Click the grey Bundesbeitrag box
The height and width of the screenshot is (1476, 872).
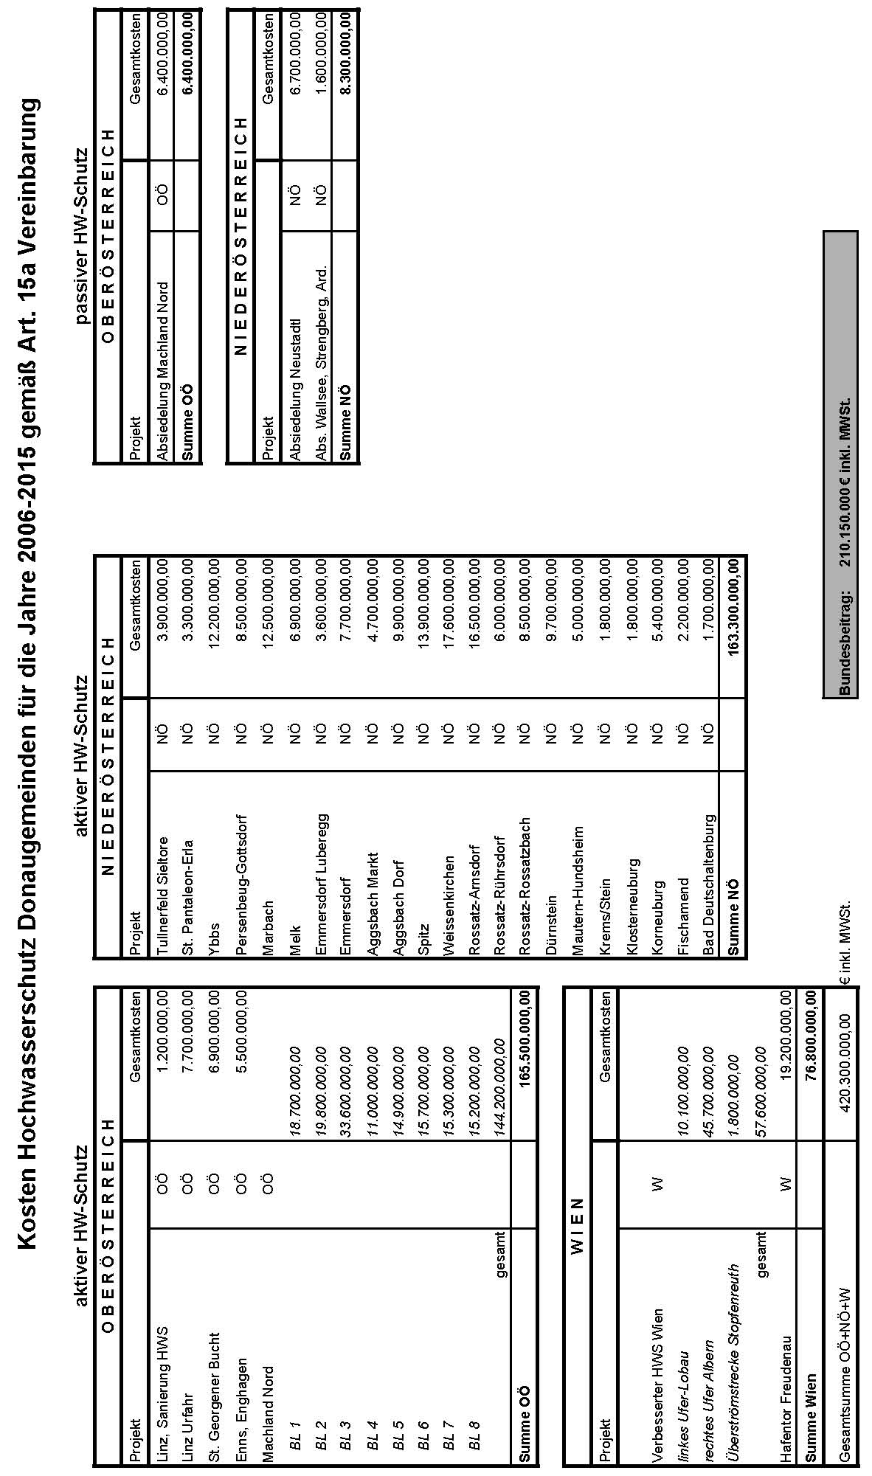click(x=841, y=465)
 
